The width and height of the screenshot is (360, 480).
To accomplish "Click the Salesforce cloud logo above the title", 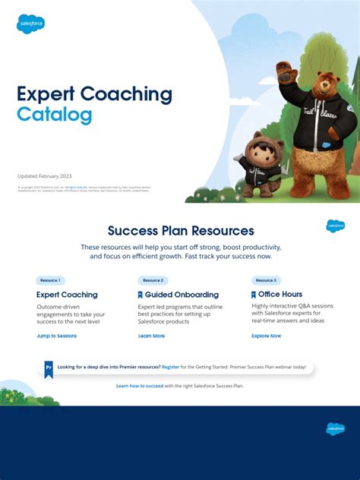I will coord(31,24).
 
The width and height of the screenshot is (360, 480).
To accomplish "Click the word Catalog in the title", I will coord(55,115).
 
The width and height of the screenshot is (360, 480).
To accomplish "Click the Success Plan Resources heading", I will coord(181,231).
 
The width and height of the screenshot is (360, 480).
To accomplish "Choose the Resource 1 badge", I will coord(50,280).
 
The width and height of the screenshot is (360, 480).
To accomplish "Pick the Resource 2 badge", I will coord(153,280).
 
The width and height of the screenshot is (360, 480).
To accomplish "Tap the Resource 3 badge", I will coord(266,280).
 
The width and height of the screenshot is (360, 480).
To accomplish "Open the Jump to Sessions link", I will coord(56,336).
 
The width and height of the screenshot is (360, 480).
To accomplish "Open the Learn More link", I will coord(151,336).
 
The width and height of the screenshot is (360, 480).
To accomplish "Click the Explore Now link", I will coord(266,336).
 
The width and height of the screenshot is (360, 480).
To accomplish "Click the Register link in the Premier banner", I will coord(171,367).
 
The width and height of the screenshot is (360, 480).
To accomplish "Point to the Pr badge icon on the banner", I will coord(49,368).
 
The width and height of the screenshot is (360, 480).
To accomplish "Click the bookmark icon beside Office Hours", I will coord(254,295).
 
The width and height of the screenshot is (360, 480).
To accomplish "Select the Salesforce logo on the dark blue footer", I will coord(335,428).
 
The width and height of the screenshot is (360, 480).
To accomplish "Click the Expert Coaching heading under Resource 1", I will coord(67,295).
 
